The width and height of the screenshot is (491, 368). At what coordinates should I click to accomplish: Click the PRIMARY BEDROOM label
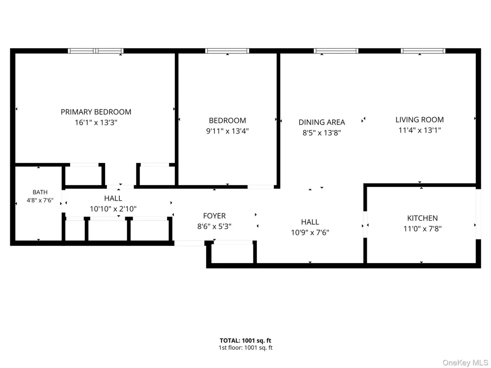[96, 112]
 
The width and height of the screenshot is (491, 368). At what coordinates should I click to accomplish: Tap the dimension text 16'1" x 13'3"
[96, 122]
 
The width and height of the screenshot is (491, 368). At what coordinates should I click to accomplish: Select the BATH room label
[40, 192]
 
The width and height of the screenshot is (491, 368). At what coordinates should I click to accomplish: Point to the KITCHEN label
[422, 218]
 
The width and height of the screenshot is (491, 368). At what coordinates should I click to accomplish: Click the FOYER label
[214, 216]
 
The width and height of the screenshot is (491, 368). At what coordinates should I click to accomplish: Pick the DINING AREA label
[322, 122]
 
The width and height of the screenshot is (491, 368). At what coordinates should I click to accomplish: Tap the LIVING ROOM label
[419, 120]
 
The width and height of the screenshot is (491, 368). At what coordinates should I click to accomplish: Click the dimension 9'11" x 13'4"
[227, 131]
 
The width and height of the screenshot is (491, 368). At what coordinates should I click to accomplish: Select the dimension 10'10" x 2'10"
[113, 209]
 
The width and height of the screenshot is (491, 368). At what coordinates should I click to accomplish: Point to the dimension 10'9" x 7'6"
[310, 233]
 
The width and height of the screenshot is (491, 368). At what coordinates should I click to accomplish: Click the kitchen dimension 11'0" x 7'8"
[422, 229]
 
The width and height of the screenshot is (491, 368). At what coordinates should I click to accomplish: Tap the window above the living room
[423, 51]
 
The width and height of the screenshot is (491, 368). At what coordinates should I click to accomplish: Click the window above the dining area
[336, 51]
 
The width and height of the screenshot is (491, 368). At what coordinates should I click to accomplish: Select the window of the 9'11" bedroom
[227, 51]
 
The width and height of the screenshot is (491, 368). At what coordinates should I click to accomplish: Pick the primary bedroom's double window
[96, 51]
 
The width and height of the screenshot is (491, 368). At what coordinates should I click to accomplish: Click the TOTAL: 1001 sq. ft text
[245, 341]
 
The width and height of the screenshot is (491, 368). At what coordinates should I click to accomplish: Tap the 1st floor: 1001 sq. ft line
[245, 348]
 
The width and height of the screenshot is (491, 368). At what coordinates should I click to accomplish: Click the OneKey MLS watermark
[465, 363]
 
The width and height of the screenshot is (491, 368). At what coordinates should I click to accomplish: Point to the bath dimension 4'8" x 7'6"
[40, 200]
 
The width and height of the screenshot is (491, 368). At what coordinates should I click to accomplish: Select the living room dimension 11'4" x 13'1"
[419, 130]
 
